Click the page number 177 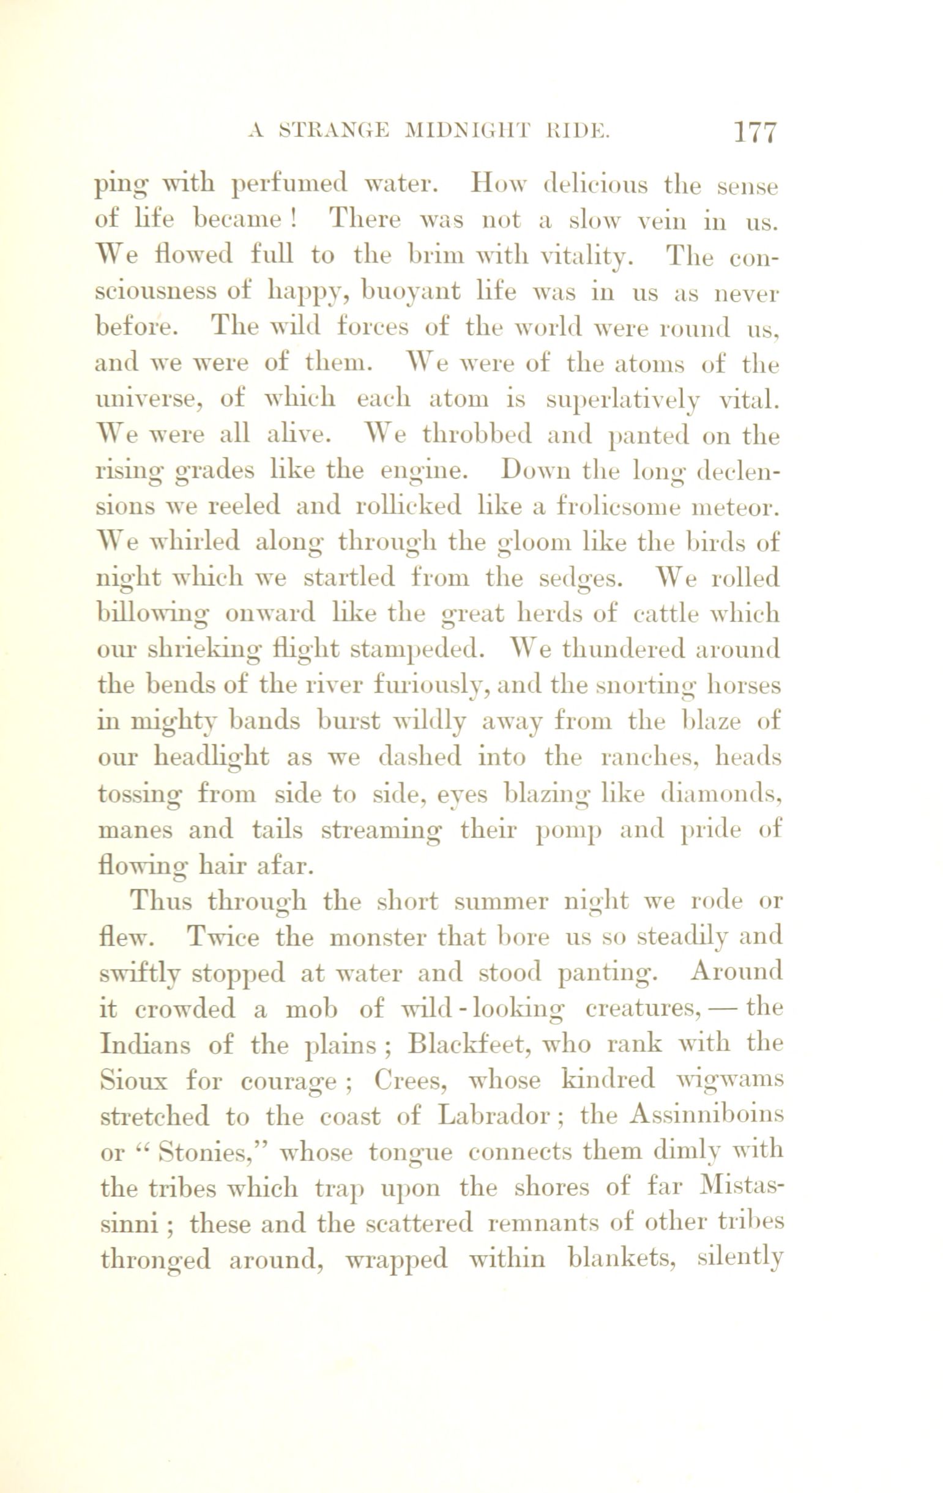click(x=755, y=132)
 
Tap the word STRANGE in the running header click(x=335, y=132)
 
